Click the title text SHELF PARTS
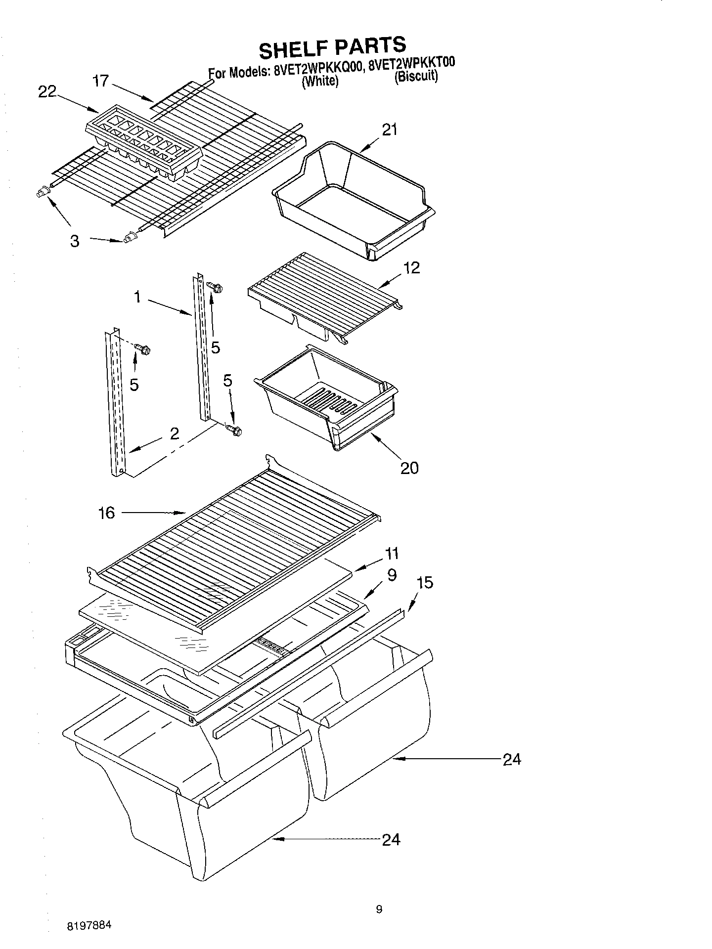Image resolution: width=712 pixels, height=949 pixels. point(332,48)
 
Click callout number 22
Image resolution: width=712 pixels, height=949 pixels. point(47,92)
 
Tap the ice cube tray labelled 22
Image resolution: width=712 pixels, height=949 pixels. point(144,144)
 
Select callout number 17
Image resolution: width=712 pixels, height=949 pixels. point(101,81)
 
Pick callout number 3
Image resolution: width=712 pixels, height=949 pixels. point(74,241)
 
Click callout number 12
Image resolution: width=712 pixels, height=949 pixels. point(411,267)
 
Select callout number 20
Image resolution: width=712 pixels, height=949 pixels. point(409,468)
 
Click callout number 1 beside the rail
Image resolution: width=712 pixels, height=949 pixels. point(137,297)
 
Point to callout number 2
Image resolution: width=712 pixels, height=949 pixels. point(174,433)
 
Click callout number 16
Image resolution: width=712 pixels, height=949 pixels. point(106,513)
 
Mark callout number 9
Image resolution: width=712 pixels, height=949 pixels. point(392,575)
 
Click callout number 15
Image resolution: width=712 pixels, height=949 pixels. point(425,583)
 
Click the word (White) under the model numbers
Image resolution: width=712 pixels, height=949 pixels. point(320,81)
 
